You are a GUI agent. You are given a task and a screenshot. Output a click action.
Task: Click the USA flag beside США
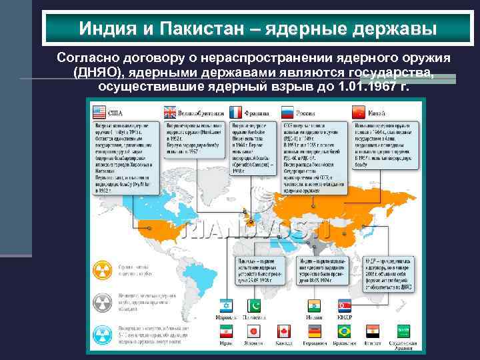click(x=99, y=111)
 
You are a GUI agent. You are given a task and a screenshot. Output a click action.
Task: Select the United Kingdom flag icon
click(x=170, y=111)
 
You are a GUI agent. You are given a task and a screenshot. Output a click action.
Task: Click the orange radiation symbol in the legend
click(x=103, y=269)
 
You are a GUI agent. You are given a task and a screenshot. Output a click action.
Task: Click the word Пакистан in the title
click(x=205, y=29)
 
